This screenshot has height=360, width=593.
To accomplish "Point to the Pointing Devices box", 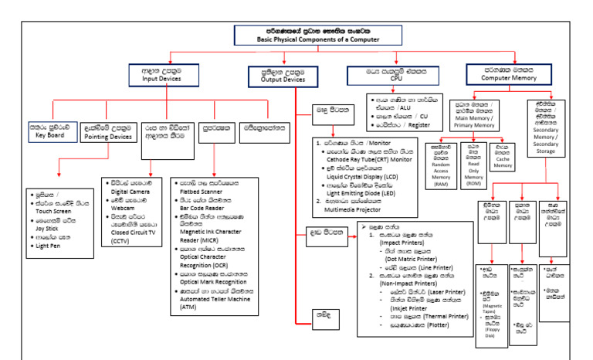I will click(x=107, y=130).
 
